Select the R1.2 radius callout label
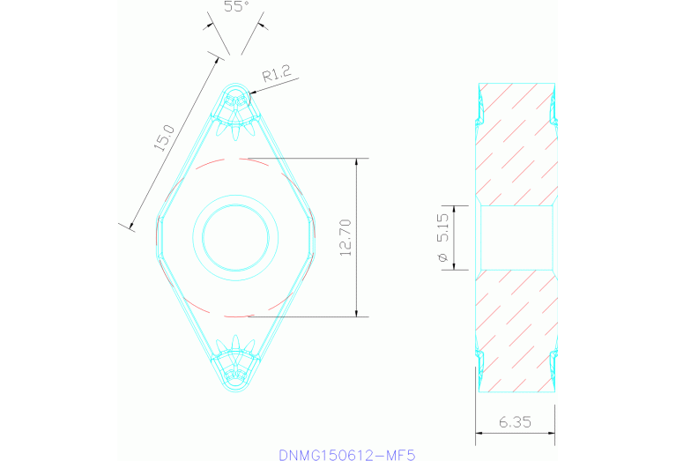(x=276, y=77)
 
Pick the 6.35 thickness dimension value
(x=516, y=422)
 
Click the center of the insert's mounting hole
(x=235, y=237)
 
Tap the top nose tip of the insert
(x=235, y=85)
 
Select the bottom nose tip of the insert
(x=235, y=389)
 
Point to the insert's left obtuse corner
(x=156, y=237)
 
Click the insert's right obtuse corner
(x=315, y=237)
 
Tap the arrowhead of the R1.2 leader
(x=253, y=92)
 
